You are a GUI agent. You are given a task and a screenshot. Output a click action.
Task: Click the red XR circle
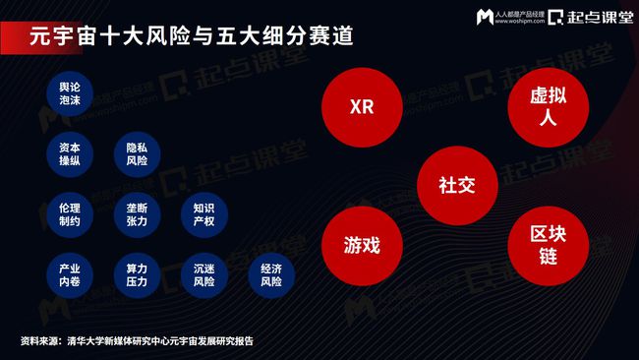[362, 106]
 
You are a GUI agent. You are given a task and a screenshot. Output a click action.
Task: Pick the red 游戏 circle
[362, 244]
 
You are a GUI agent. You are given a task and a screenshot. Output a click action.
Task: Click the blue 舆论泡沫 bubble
[70, 93]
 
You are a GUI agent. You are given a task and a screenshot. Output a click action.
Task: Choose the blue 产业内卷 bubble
[70, 274]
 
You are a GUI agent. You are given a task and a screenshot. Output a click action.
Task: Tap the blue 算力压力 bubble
[137, 274]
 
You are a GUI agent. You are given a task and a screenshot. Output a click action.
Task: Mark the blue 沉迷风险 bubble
[203, 274]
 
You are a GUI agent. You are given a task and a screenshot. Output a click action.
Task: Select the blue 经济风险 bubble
[271, 274]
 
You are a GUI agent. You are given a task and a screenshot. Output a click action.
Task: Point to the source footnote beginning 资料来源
[138, 340]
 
